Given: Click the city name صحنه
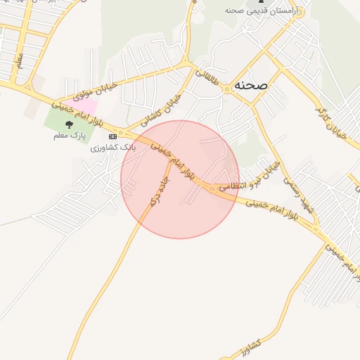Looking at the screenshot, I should [252, 84].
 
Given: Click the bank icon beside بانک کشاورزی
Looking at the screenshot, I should [113, 135].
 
